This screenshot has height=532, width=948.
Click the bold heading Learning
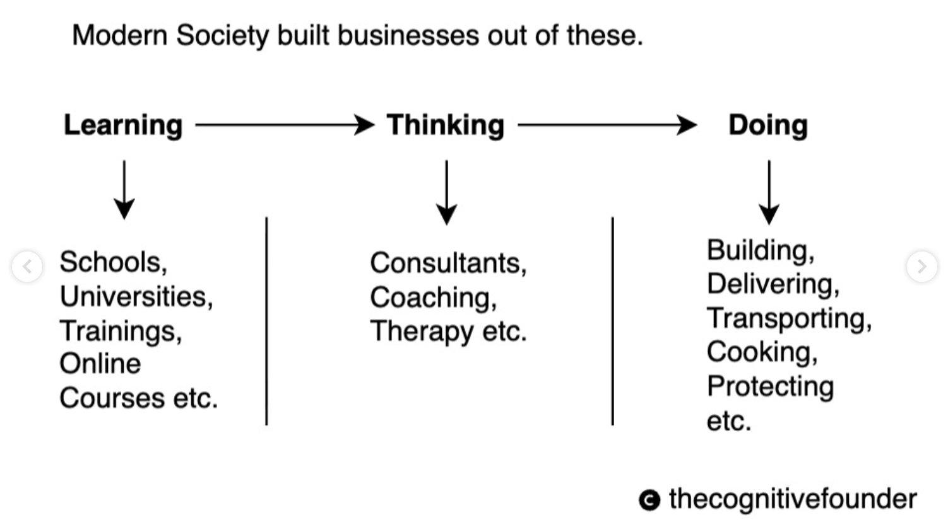tap(123, 126)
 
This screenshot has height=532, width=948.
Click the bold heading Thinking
tap(446, 126)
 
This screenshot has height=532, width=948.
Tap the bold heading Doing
tap(768, 126)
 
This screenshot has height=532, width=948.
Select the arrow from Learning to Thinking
tap(285, 125)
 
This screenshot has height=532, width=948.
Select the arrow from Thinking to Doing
tap(608, 125)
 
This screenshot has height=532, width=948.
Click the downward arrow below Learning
tap(124, 190)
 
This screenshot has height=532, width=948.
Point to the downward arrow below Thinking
tap(446, 192)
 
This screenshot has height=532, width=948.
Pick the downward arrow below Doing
tap(769, 192)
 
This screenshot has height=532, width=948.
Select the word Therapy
tap(422, 332)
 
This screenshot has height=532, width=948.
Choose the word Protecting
tap(771, 386)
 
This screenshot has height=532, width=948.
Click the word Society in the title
tap(223, 36)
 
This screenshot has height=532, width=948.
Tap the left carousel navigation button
tap(27, 267)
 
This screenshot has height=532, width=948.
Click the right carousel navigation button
tap(921, 267)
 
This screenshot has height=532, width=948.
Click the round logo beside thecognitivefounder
tap(649, 500)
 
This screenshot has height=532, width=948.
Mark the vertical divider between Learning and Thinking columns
tap(266, 321)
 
